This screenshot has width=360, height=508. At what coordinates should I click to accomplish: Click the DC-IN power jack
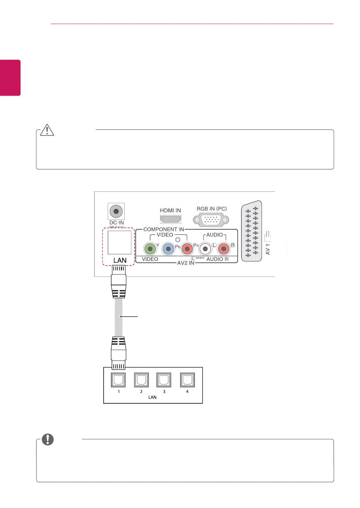(116, 211)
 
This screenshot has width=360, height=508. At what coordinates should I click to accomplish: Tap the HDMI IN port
(170, 219)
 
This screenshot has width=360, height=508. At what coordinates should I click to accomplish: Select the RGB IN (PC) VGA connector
(211, 220)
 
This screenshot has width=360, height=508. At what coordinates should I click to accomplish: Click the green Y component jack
(150, 249)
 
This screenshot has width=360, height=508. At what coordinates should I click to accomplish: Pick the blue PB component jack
(168, 249)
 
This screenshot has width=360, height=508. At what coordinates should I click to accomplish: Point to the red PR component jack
(187, 249)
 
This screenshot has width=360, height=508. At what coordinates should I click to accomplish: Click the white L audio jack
(205, 249)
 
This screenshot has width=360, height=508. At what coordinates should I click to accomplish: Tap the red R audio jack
(224, 249)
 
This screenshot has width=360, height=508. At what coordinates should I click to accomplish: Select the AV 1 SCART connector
(251, 231)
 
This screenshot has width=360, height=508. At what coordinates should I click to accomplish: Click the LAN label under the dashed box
(120, 260)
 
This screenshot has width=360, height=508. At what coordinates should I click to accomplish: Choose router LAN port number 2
(141, 380)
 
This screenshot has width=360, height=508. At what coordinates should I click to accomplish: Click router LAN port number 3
(164, 380)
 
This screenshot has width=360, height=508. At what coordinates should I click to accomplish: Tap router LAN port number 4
(187, 380)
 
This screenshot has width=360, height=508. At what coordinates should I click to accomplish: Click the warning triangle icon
(47, 130)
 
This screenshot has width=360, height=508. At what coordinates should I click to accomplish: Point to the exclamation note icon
(48, 439)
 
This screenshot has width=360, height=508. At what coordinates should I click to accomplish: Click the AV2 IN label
(186, 263)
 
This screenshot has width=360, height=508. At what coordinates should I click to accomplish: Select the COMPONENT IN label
(163, 229)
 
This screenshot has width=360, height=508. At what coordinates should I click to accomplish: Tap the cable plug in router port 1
(118, 353)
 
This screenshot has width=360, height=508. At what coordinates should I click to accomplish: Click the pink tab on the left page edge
(10, 78)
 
